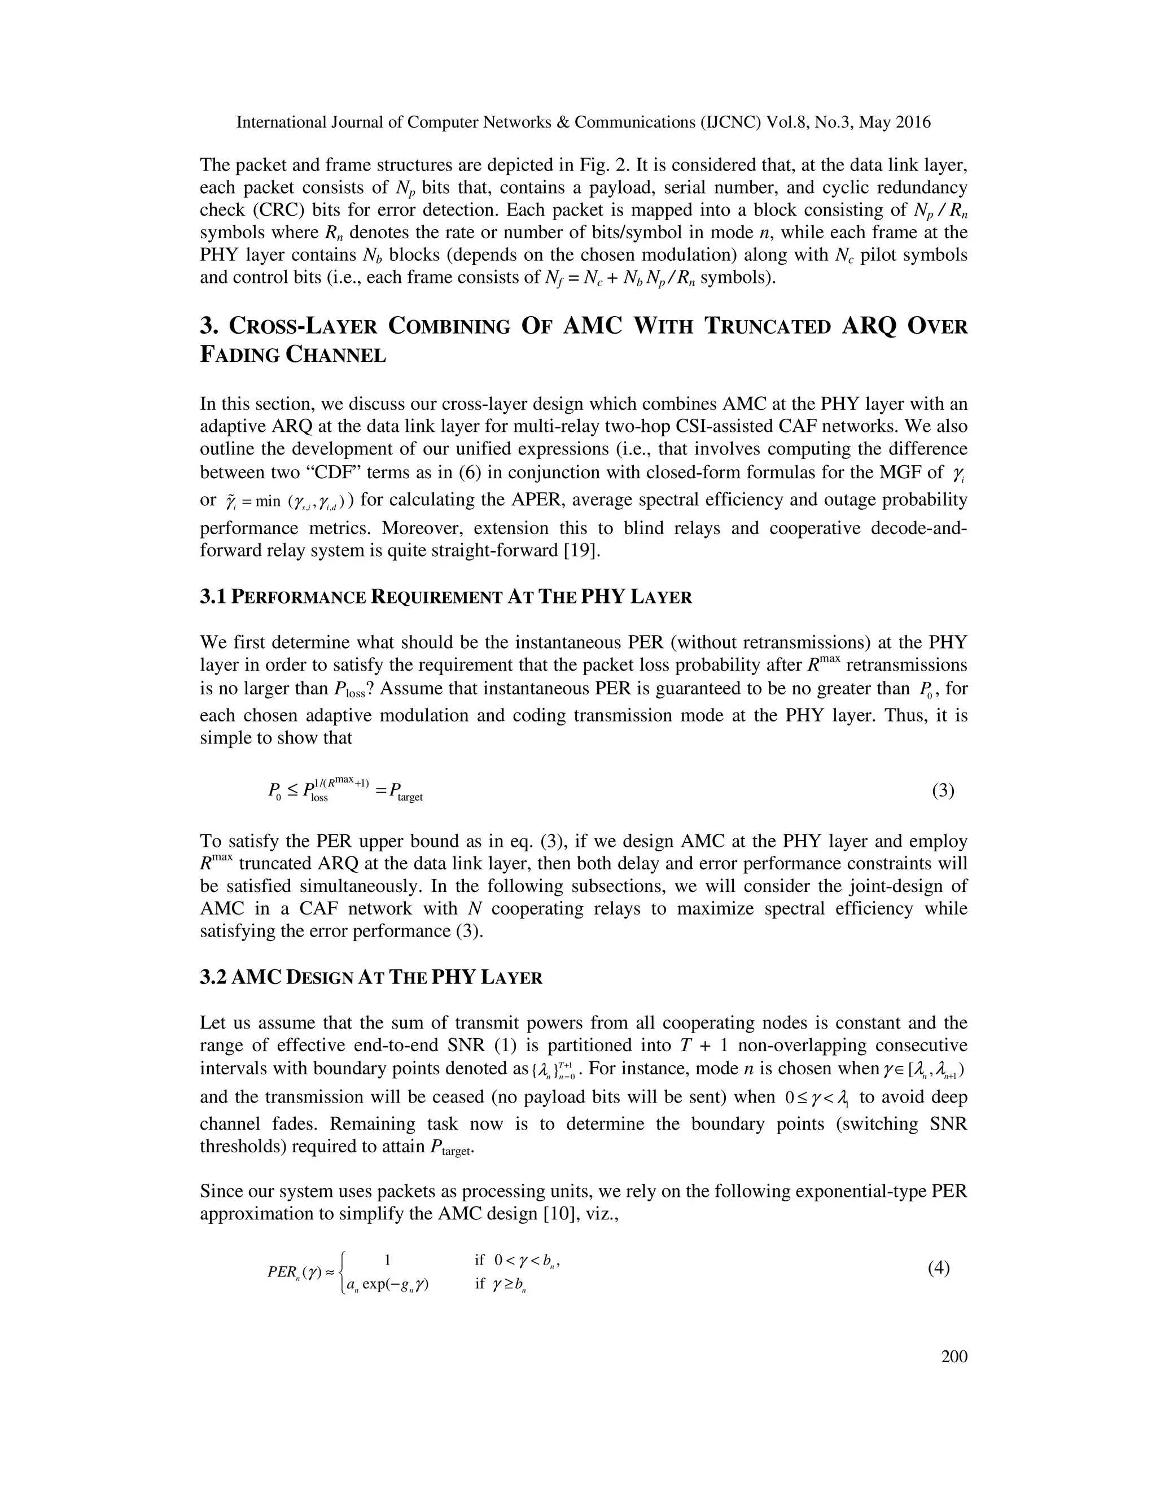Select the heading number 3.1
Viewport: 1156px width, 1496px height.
(x=213, y=597)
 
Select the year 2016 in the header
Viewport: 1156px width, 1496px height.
(x=912, y=123)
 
